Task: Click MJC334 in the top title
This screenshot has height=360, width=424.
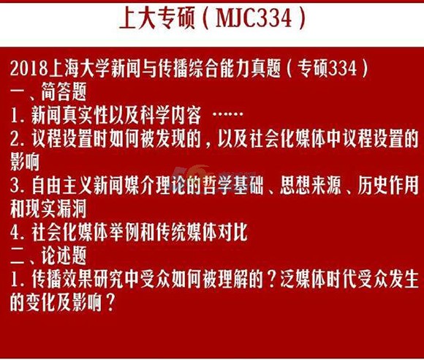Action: [x=254, y=18]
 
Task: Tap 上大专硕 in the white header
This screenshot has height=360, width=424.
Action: [x=157, y=18]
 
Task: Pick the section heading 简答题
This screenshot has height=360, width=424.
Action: [x=64, y=91]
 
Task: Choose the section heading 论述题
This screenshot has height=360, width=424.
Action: [x=64, y=255]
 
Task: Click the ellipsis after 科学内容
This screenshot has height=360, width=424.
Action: [x=227, y=114]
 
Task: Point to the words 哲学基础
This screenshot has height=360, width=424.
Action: [x=232, y=186]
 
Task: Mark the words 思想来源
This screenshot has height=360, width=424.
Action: [x=310, y=186]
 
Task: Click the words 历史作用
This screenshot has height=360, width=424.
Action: [x=388, y=186]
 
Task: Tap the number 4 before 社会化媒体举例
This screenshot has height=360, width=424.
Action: [x=15, y=233]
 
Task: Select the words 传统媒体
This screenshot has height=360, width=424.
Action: [x=186, y=232]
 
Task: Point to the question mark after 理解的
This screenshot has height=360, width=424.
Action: [x=270, y=279]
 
